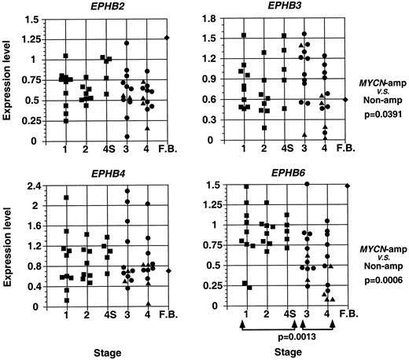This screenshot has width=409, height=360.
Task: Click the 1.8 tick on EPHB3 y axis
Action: [216, 17]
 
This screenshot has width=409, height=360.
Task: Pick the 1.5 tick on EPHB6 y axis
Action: [216, 185]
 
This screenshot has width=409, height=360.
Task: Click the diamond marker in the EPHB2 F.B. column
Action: [168, 37]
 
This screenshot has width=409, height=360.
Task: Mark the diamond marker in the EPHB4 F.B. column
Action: [168, 270]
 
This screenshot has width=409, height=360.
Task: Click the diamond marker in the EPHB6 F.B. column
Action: [347, 185]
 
